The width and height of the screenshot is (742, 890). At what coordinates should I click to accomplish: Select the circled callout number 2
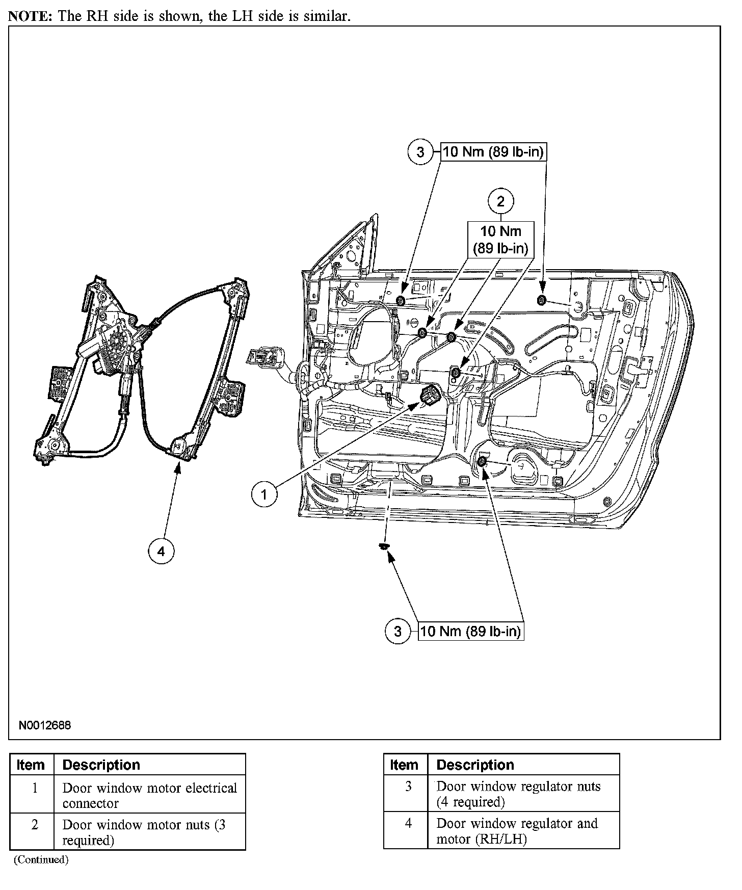click(x=500, y=201)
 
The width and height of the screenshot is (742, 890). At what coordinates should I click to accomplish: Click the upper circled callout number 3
click(x=420, y=152)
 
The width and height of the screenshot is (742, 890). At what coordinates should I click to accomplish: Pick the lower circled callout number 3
click(x=398, y=632)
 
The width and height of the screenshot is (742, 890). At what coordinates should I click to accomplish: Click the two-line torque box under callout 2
click(x=500, y=240)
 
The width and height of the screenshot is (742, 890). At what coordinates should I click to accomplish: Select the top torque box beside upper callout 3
click(x=493, y=152)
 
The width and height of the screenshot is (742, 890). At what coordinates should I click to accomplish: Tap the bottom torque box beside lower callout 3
click(x=470, y=632)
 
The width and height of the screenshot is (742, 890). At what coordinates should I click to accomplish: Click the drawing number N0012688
click(x=45, y=725)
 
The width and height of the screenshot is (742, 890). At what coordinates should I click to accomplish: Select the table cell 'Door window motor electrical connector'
click(x=149, y=795)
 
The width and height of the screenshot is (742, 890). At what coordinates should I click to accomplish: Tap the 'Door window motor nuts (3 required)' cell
click(x=149, y=832)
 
